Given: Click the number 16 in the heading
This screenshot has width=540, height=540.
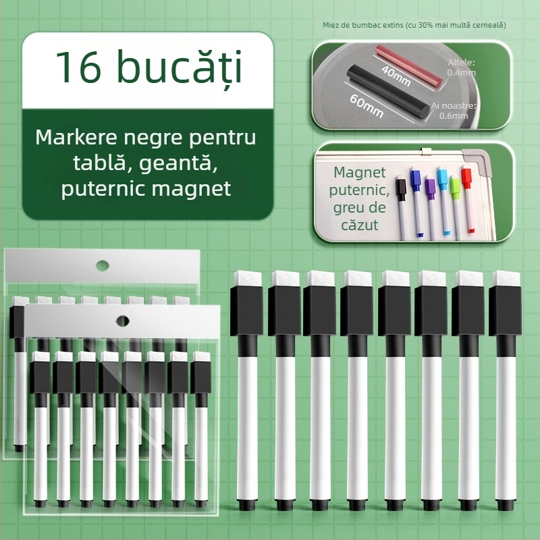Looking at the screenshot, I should [76, 67].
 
